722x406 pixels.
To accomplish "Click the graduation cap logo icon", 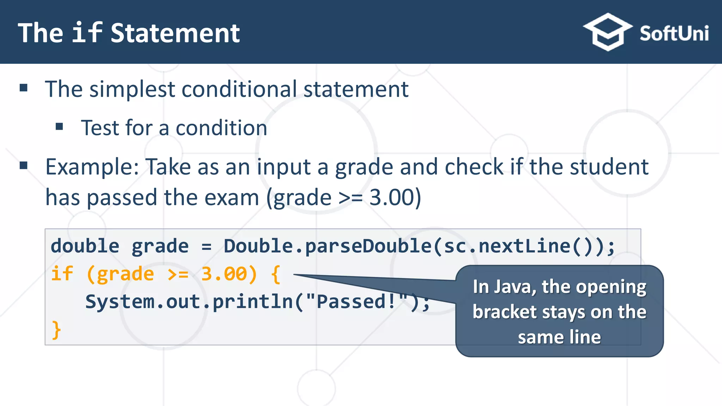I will [x=607, y=32].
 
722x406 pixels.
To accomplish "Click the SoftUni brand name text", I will [x=674, y=34].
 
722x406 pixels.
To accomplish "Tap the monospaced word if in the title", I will [x=87, y=33].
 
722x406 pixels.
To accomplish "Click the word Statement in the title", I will [x=175, y=33].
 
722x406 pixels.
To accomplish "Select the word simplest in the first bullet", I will [x=132, y=89].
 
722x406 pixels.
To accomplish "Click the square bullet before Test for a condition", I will [x=59, y=127].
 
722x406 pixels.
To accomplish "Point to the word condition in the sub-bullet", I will [x=221, y=128].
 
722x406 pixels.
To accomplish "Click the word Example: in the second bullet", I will [x=92, y=167].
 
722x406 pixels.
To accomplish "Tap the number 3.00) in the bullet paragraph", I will [x=395, y=197].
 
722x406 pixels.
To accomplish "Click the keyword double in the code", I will [x=85, y=246].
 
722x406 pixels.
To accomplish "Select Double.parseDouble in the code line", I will [x=327, y=246].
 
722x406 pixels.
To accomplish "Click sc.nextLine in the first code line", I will [x=507, y=246].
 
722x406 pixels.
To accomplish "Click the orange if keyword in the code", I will [x=62, y=274].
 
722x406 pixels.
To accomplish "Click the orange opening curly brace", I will [x=276, y=274].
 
